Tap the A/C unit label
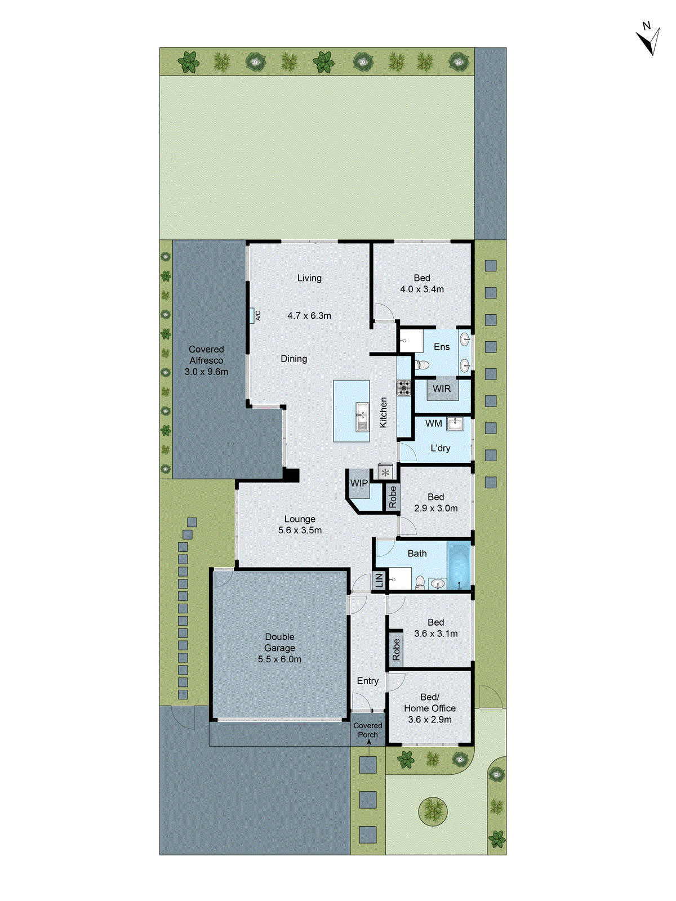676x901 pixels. pyautogui.click(x=258, y=315)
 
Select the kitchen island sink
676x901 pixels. pyautogui.click(x=361, y=417)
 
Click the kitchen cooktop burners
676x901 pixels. pyautogui.click(x=404, y=388)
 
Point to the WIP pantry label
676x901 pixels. pyautogui.click(x=359, y=483)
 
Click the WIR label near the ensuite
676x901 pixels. pyautogui.click(x=442, y=389)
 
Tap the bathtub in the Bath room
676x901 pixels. pyautogui.click(x=460, y=565)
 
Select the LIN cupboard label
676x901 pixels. pyautogui.click(x=380, y=580)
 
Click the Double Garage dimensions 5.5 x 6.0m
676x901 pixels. pyautogui.click(x=279, y=659)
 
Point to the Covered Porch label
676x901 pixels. pyautogui.click(x=368, y=730)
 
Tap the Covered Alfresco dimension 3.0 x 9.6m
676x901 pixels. pyautogui.click(x=206, y=372)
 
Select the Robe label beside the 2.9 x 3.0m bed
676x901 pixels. pyautogui.click(x=393, y=497)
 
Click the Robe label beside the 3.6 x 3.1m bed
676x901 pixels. pyautogui.click(x=396, y=649)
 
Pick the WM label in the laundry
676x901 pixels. pyautogui.click(x=433, y=423)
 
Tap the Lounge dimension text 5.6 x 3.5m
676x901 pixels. pyautogui.click(x=300, y=530)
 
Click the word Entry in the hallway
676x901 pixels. pyautogui.click(x=368, y=681)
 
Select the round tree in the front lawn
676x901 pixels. pyautogui.click(x=433, y=811)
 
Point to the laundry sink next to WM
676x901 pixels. pyautogui.click(x=455, y=423)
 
